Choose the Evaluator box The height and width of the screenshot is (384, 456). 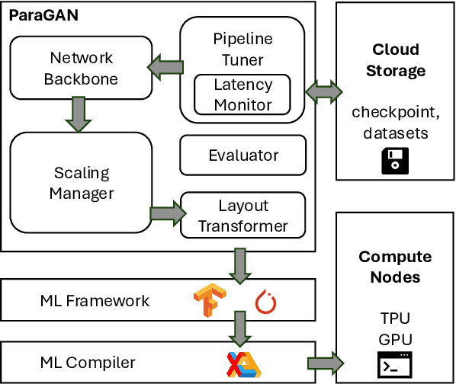243,155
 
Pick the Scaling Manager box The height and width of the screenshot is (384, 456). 81,183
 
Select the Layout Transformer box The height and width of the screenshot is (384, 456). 242,216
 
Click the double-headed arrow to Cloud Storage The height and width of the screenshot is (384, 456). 320,91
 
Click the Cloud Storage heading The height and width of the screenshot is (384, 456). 395,60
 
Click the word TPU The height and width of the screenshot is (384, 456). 395,317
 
